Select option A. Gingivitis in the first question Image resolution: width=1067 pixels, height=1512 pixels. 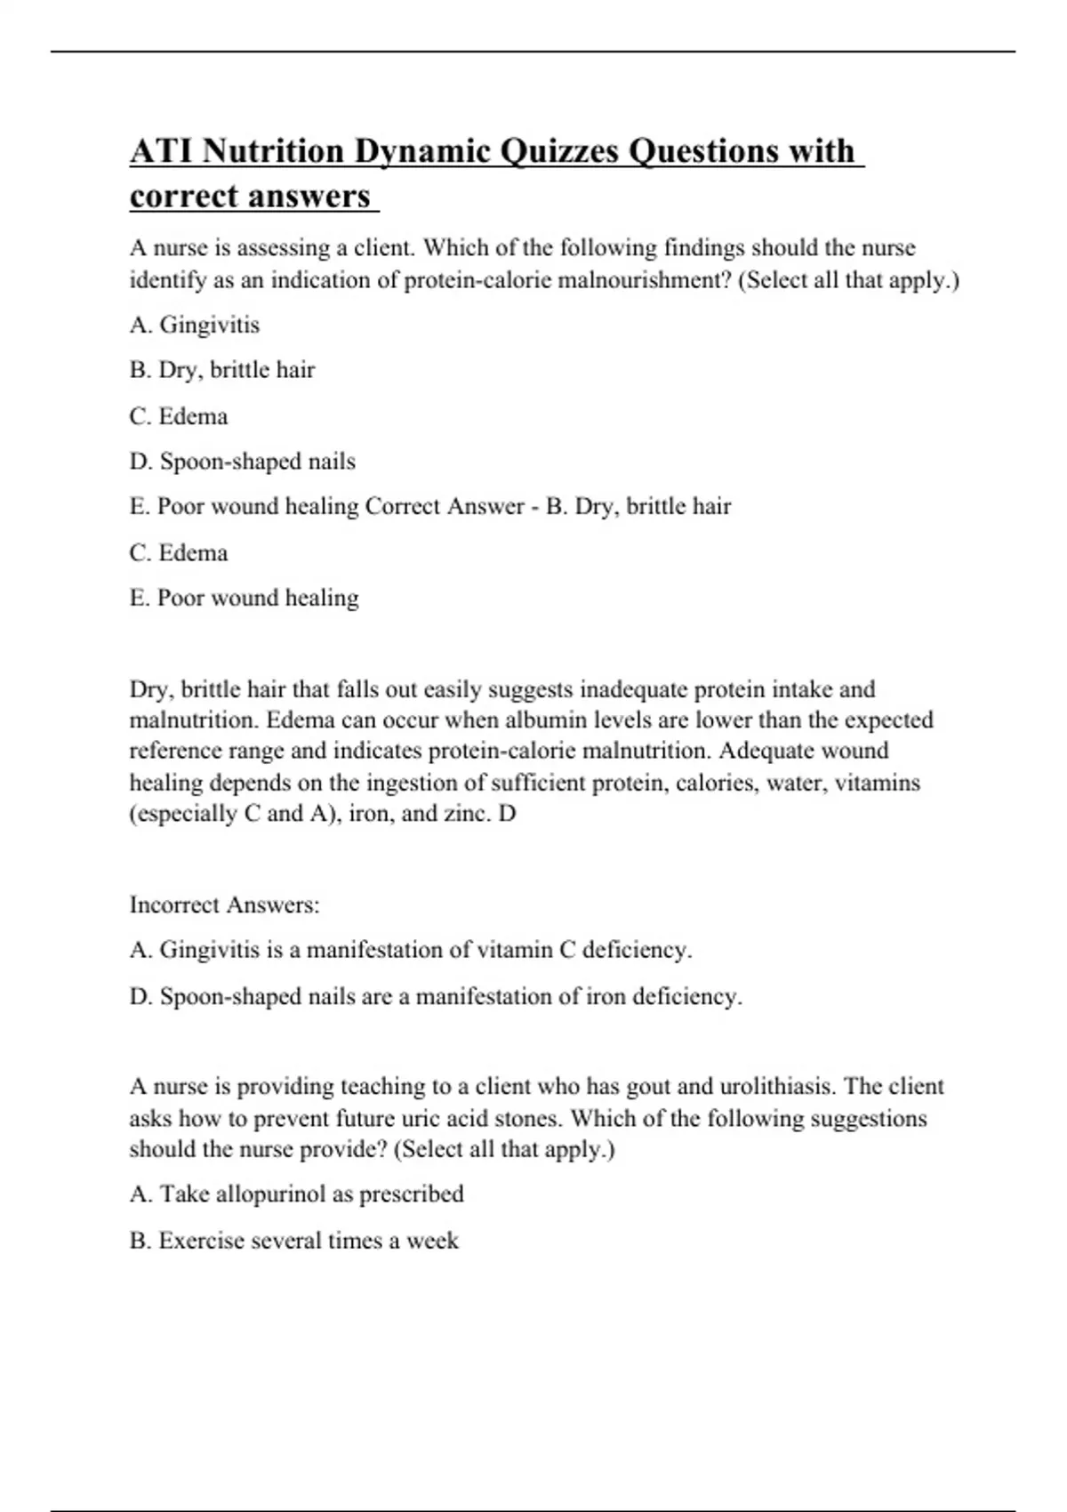click(195, 325)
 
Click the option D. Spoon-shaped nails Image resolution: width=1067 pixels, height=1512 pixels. click(243, 461)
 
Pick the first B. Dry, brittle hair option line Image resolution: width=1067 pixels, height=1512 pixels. click(222, 369)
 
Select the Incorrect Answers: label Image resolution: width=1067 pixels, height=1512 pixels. click(224, 905)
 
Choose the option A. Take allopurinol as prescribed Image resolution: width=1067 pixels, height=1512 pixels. click(297, 1194)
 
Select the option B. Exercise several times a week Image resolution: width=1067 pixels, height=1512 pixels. click(294, 1240)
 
